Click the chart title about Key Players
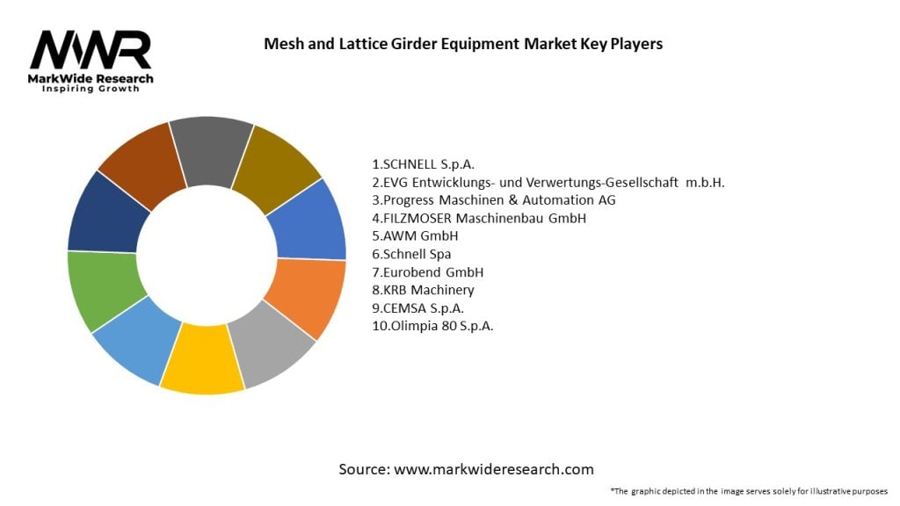463,43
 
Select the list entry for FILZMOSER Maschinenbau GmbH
479,218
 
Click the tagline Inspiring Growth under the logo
91,89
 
